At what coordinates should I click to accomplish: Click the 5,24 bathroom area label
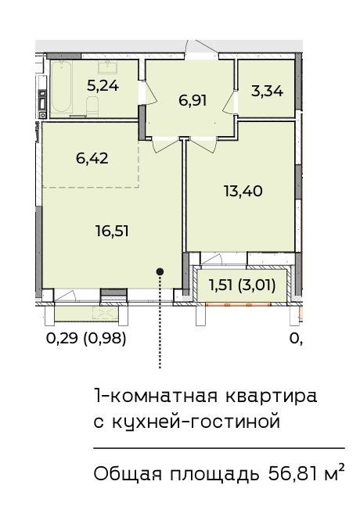(103, 86)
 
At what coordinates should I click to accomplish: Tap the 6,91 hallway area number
(193, 100)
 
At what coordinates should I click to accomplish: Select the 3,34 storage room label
(267, 92)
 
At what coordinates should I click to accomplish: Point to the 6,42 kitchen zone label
(92, 158)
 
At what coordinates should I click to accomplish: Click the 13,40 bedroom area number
(243, 191)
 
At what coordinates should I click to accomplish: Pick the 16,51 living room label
(112, 232)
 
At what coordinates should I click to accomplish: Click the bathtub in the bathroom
(62, 87)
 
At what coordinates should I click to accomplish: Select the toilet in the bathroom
(92, 105)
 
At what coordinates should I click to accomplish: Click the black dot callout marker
(160, 271)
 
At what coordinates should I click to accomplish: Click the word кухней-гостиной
(196, 422)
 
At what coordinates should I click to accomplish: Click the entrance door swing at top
(201, 46)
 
